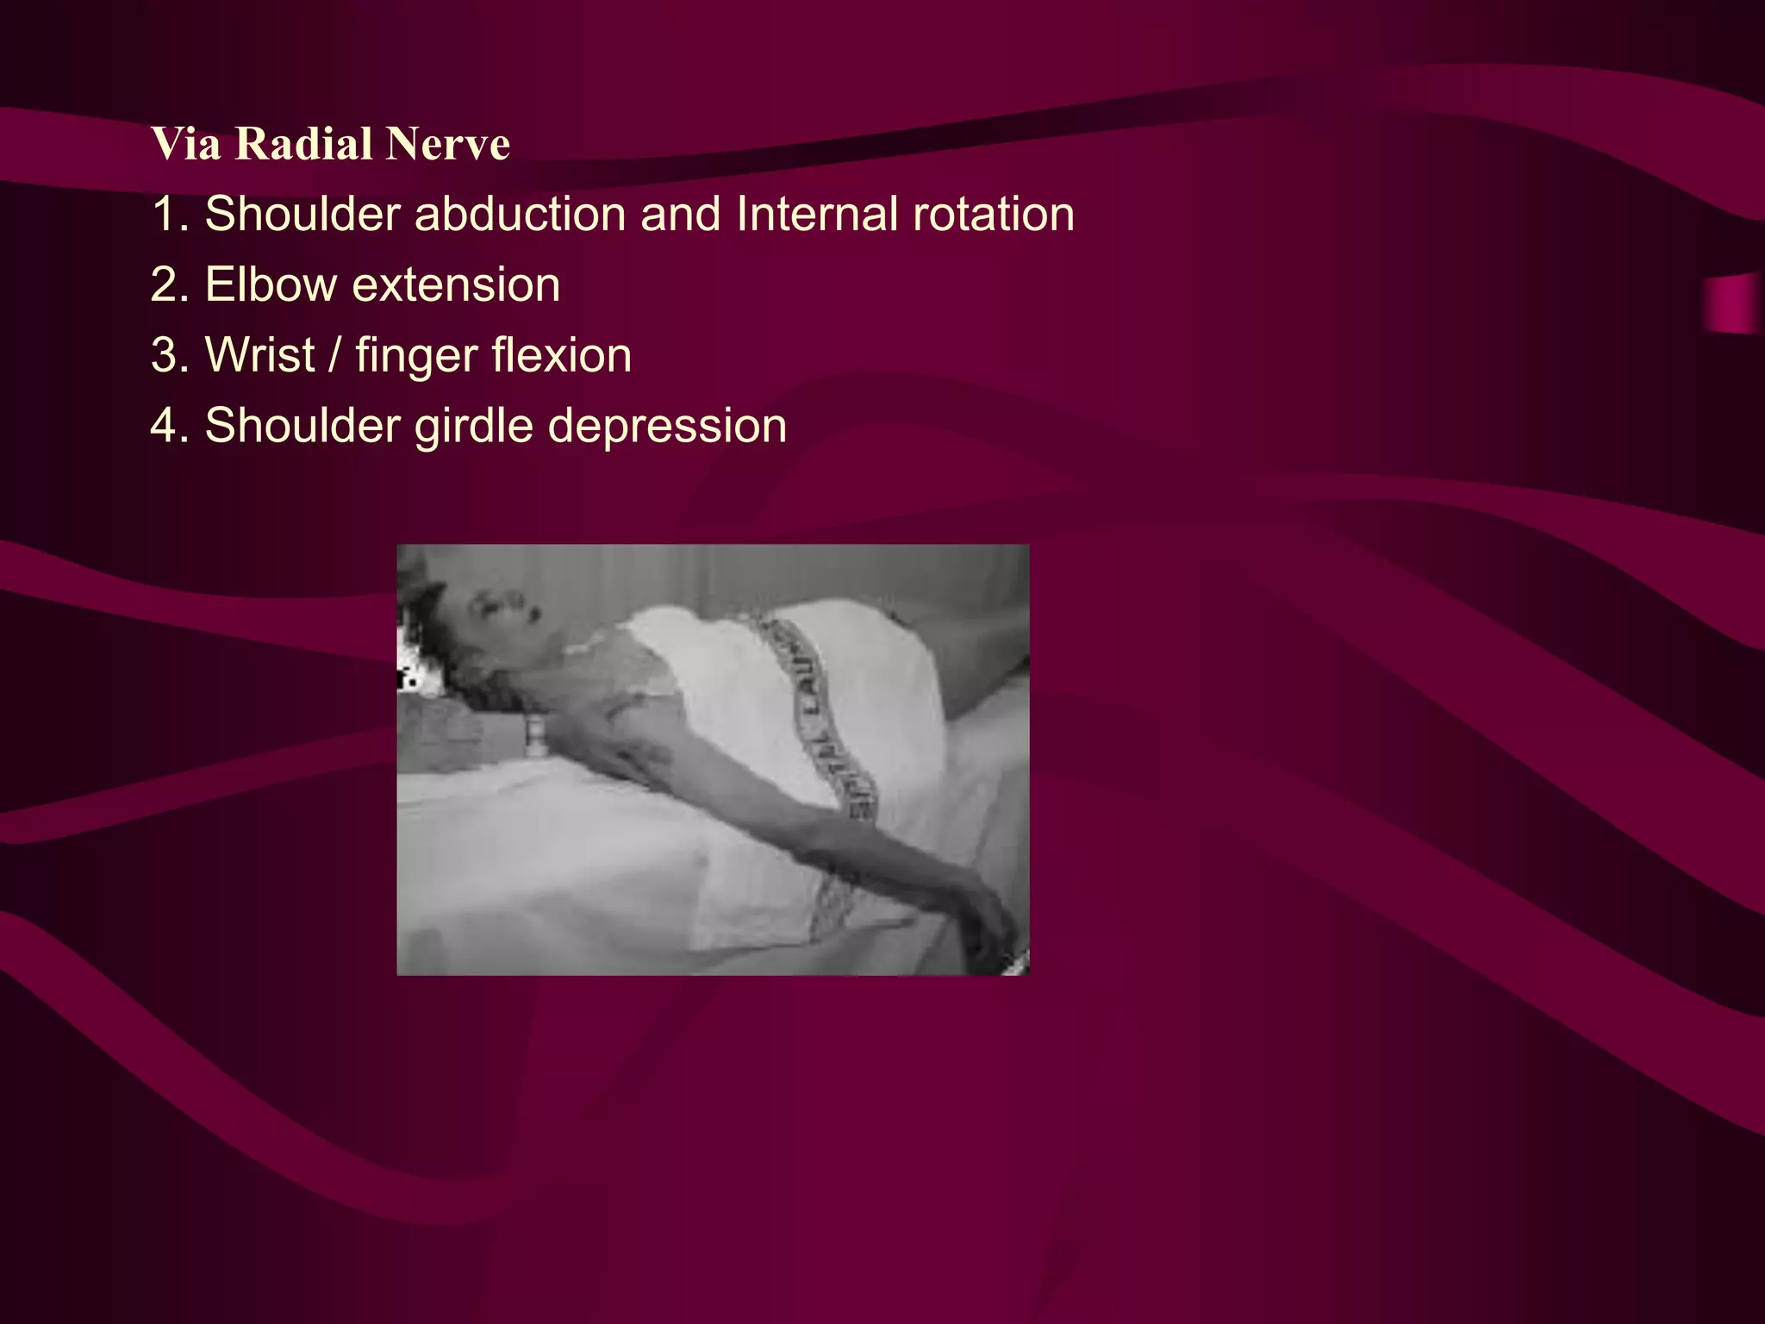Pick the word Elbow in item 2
coord(271,284)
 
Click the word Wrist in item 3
coord(259,355)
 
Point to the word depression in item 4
coord(667,427)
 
